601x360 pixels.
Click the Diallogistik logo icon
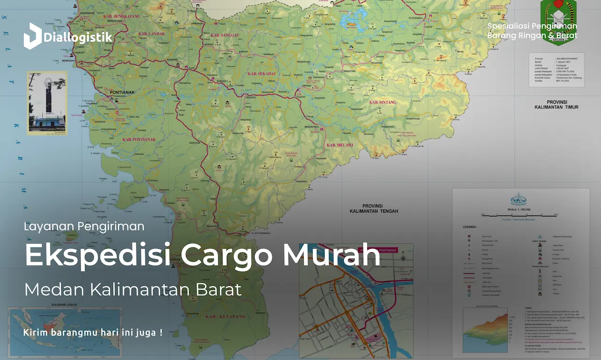(32, 36)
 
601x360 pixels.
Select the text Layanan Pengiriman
(84, 226)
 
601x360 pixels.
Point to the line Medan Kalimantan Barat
(133, 290)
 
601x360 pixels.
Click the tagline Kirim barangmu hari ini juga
(92, 333)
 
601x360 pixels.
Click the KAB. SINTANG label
(383, 102)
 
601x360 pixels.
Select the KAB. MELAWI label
(339, 145)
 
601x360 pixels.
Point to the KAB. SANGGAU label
(225, 35)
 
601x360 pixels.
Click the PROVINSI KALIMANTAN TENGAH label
(374, 209)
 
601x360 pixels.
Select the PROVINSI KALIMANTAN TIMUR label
(556, 105)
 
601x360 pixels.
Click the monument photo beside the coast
(47, 103)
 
